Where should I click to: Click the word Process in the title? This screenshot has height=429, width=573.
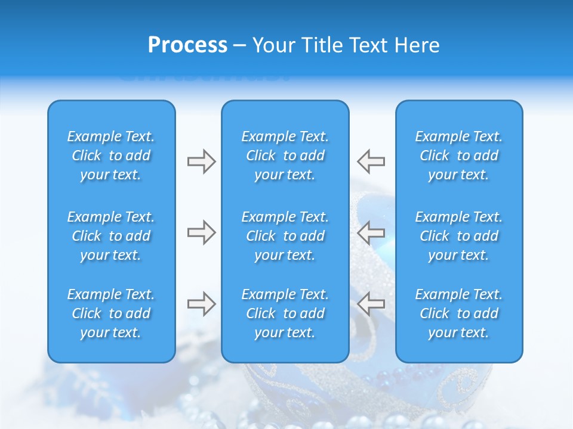click(187, 45)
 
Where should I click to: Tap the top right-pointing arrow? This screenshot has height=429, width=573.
click(201, 161)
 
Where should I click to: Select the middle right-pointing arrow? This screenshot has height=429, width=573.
click(201, 232)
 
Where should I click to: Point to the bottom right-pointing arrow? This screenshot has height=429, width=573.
click(201, 304)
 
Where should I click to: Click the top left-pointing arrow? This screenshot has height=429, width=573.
click(371, 161)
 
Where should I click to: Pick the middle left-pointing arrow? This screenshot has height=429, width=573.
click(371, 232)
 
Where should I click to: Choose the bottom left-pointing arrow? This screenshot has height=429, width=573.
click(371, 304)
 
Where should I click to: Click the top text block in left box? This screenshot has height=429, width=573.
click(111, 156)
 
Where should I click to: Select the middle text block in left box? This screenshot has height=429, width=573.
click(111, 236)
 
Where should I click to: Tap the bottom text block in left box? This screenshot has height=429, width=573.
click(111, 313)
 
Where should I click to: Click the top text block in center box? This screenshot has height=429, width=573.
click(285, 156)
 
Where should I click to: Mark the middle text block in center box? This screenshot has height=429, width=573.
click(285, 236)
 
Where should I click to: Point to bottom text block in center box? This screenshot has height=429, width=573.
click(285, 313)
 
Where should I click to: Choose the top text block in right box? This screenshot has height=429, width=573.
click(458, 156)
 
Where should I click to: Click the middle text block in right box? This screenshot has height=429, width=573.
click(458, 236)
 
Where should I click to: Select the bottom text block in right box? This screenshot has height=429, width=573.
click(458, 313)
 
